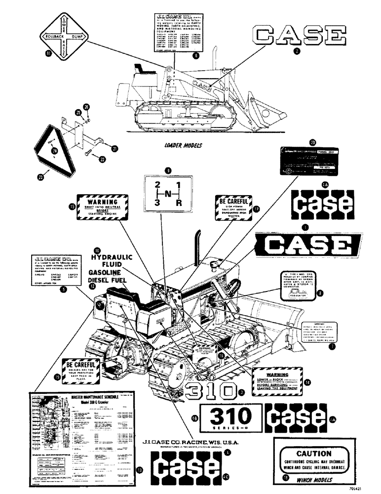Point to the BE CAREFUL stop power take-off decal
231,208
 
